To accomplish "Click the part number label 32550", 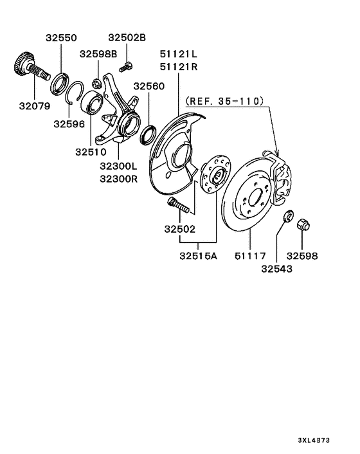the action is [x=61, y=38].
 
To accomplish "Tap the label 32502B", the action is [x=127, y=38].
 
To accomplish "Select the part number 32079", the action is [x=35, y=106].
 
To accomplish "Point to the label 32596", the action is [x=69, y=124].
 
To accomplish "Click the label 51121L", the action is [x=179, y=54].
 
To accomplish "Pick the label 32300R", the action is [x=119, y=179].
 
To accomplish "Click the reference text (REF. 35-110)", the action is [x=225, y=101].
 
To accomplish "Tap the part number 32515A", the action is [x=198, y=256].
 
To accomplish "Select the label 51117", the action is [x=250, y=256].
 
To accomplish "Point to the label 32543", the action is [x=277, y=269].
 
